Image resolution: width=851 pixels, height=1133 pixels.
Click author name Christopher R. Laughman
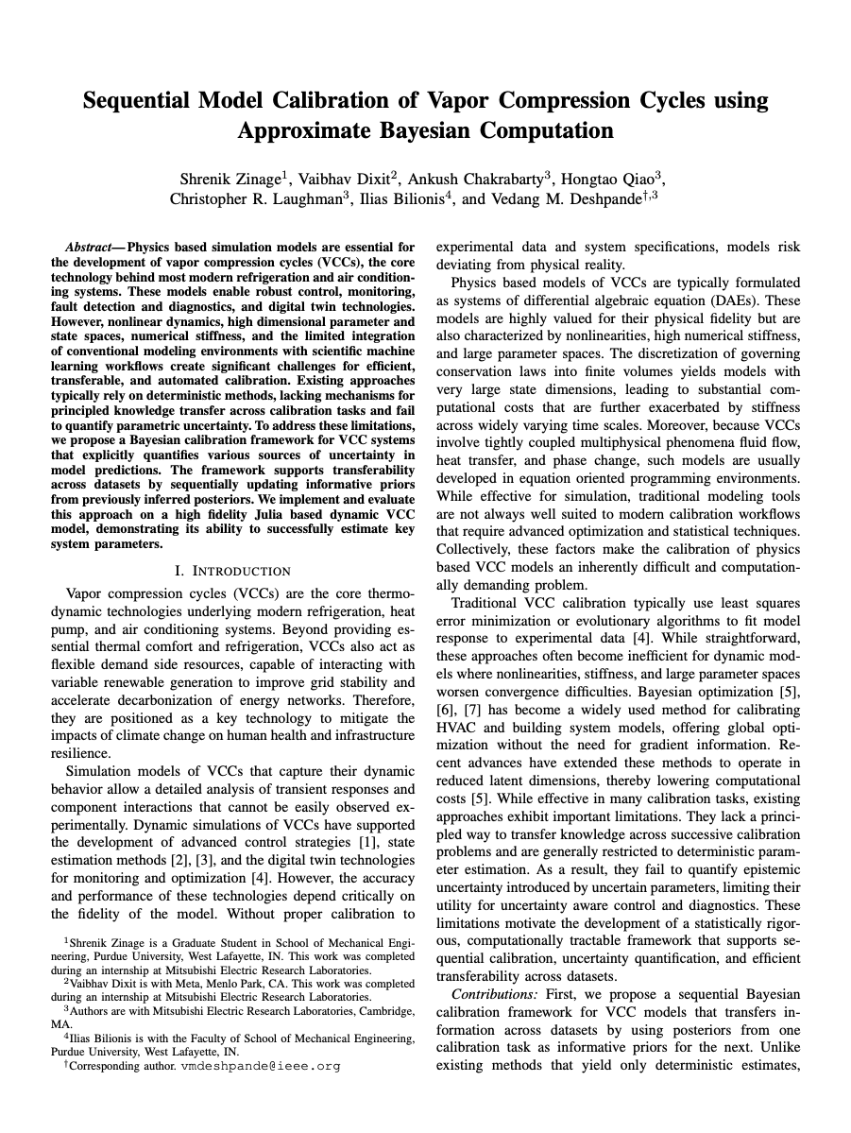tap(254, 198)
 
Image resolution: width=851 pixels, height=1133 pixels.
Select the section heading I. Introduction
tap(232, 571)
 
